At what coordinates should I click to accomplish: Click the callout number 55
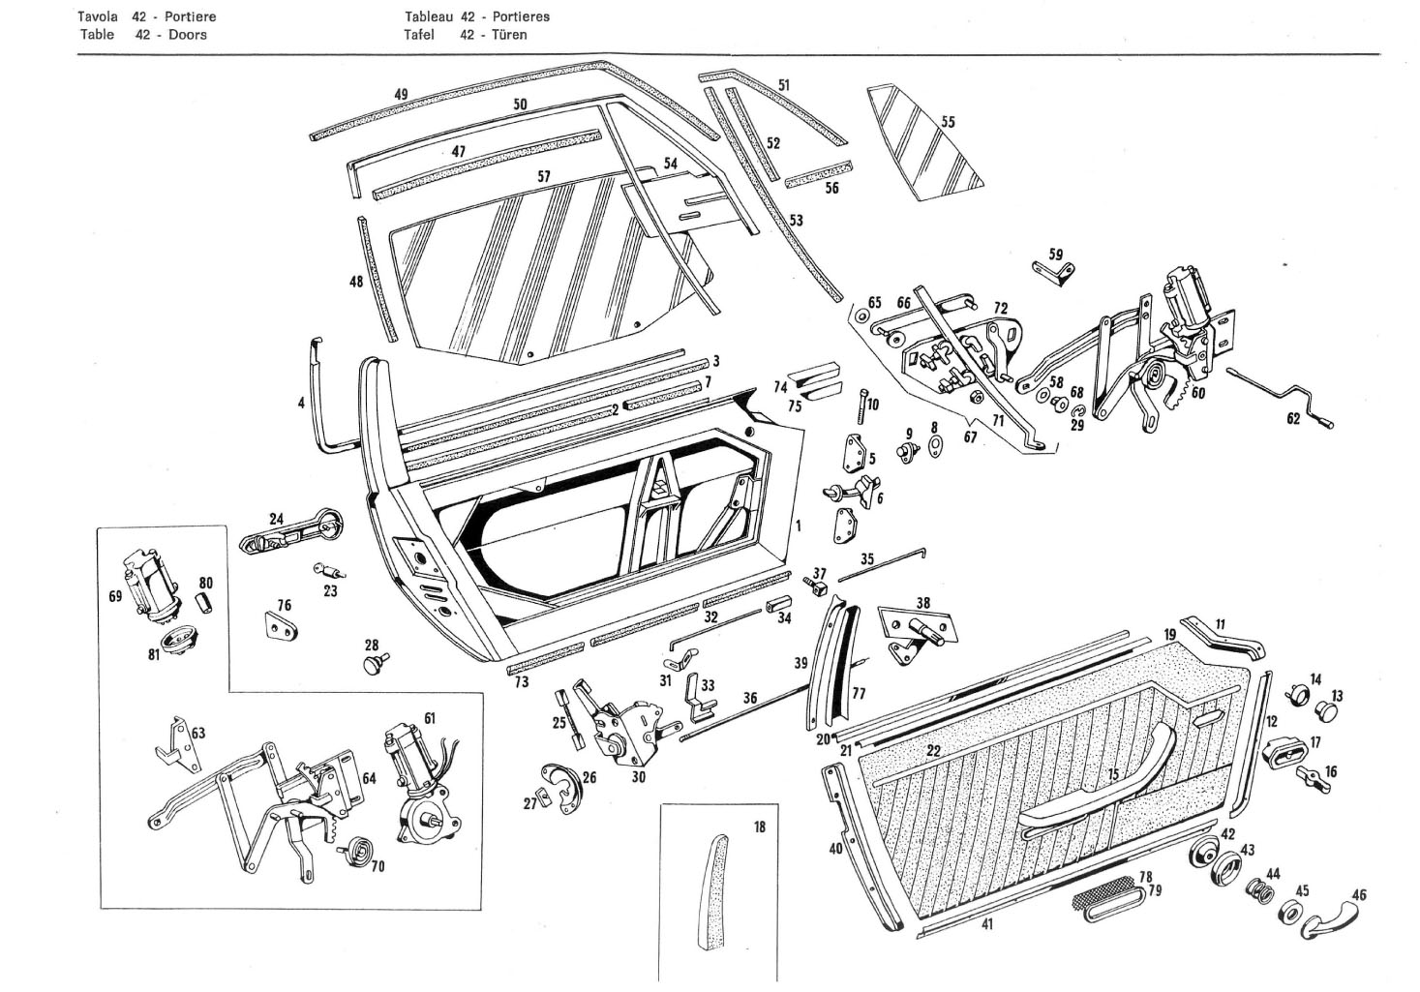(948, 122)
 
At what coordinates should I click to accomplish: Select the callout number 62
(1293, 419)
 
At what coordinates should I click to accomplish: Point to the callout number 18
(760, 827)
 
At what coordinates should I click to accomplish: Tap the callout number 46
(1359, 895)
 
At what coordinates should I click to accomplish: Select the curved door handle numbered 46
(1330, 921)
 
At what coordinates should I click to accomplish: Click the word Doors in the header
(188, 34)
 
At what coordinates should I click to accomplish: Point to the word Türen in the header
(509, 34)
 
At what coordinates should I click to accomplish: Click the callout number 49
(402, 95)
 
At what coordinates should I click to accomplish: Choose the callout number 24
(277, 519)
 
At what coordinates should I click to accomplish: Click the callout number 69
(115, 596)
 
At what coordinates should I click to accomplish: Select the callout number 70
(378, 866)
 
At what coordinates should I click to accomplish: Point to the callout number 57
(544, 176)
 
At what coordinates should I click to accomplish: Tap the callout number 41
(987, 924)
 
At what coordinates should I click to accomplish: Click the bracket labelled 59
(1053, 273)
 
